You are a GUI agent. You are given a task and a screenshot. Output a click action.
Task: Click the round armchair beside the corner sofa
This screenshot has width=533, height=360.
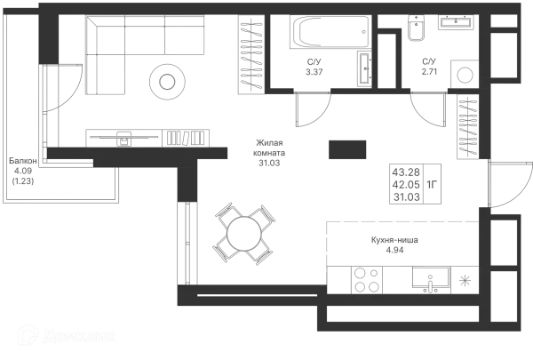pyautogui.click(x=166, y=82)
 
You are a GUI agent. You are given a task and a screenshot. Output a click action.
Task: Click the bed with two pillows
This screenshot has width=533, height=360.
pyautogui.click(x=416, y=184)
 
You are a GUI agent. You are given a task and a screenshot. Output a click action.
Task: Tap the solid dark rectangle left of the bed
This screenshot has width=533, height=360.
pyautogui.click(x=348, y=148)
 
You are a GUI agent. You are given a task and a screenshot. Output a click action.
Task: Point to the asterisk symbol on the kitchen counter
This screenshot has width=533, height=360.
pyautogui.click(x=464, y=281)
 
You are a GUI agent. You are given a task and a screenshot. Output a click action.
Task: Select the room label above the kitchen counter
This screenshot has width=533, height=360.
pyautogui.click(x=394, y=242)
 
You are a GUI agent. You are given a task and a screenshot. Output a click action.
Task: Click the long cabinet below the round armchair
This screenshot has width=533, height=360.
pyautogui.click(x=149, y=138)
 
